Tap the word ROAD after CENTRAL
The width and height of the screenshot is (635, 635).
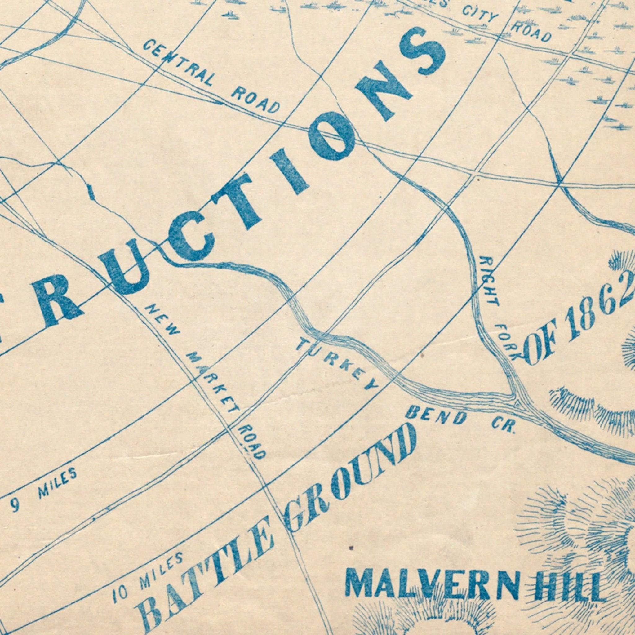pos(256,100)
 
